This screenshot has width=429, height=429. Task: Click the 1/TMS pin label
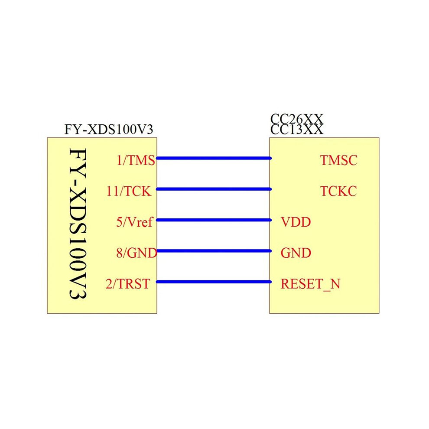(136, 160)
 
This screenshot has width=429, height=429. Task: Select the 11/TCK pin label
(129, 191)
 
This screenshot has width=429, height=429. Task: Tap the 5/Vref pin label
(134, 222)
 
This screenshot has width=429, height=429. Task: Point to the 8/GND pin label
(136, 253)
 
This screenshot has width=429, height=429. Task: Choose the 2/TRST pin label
(128, 284)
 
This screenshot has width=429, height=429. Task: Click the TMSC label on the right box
(339, 160)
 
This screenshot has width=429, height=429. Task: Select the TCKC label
(339, 191)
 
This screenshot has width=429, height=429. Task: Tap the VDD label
(296, 222)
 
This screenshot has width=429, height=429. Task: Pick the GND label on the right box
(296, 253)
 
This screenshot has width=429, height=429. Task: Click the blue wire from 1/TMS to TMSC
(214, 158)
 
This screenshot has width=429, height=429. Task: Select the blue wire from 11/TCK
(214, 189)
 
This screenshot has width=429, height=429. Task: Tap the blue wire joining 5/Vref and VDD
(214, 220)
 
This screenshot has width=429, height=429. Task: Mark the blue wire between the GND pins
(214, 251)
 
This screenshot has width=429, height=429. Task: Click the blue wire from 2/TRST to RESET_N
(214, 282)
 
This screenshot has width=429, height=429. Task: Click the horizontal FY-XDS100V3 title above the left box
(109, 130)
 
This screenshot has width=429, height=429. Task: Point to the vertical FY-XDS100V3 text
(78, 224)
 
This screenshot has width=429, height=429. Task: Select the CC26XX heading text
(297, 119)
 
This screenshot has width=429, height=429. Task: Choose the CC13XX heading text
(297, 130)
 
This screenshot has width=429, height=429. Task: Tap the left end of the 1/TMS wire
(156, 158)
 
